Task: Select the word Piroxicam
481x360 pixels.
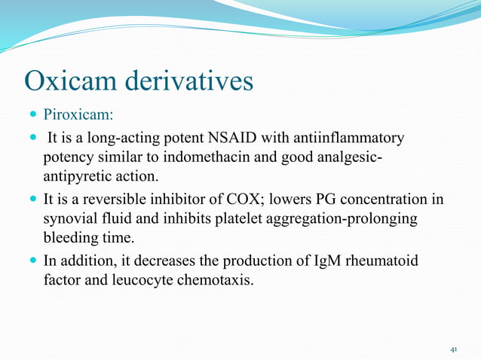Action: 78,116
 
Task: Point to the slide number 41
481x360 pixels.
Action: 454,349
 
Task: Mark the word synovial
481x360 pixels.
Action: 70,220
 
